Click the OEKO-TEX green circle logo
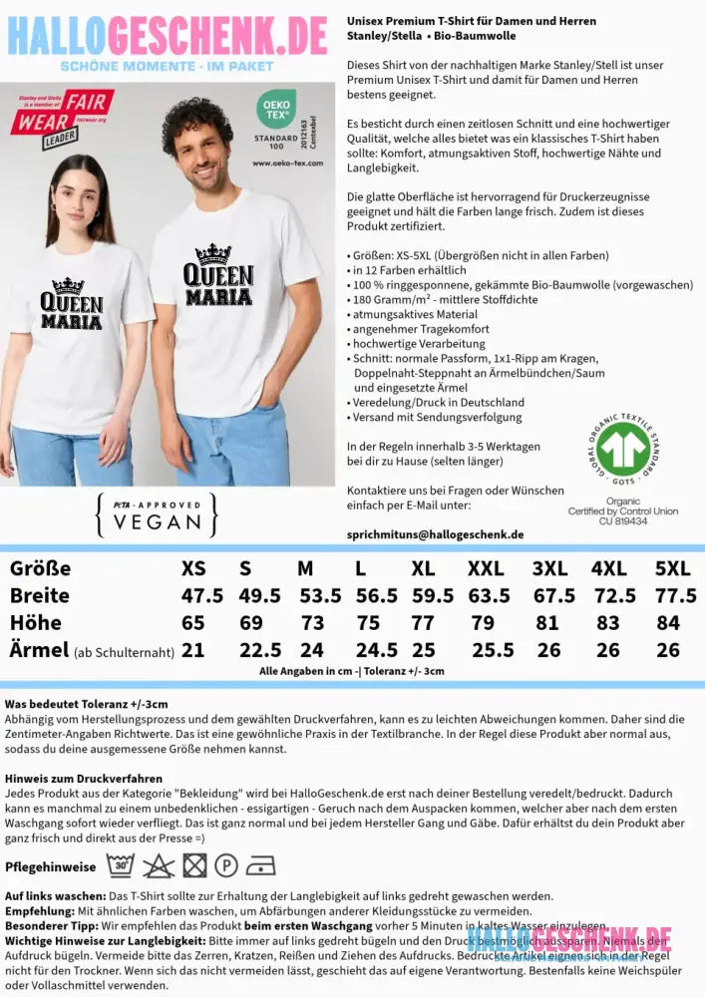pyautogui.click(x=275, y=108)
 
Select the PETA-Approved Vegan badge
pyautogui.click(x=156, y=514)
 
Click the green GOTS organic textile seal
pyautogui.click(x=622, y=449)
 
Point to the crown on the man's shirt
pyautogui.click(x=213, y=255)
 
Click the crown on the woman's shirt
pyautogui.click(x=68, y=286)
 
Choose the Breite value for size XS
pyautogui.click(x=202, y=596)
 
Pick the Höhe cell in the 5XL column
pyautogui.click(x=671, y=623)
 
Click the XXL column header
pyautogui.click(x=486, y=569)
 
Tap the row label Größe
pyautogui.click(x=40, y=569)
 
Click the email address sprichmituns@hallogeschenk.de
pyautogui.click(x=435, y=534)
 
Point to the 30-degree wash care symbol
pyautogui.click(x=120, y=865)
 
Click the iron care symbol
pyautogui.click(x=260, y=865)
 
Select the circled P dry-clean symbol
pyautogui.click(x=226, y=865)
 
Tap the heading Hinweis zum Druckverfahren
pyautogui.click(x=83, y=778)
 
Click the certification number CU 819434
pyautogui.click(x=623, y=520)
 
